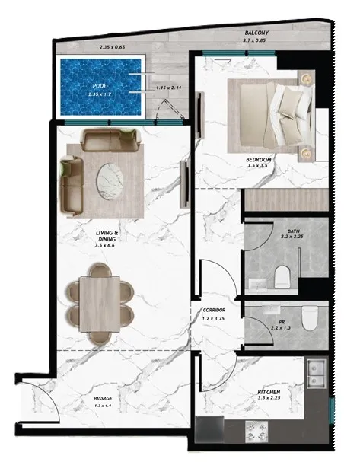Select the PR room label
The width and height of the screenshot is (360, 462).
pos(279,323)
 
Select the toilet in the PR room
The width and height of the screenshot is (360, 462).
pos(310,317)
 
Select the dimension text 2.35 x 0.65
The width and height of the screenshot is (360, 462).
pos(113,47)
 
